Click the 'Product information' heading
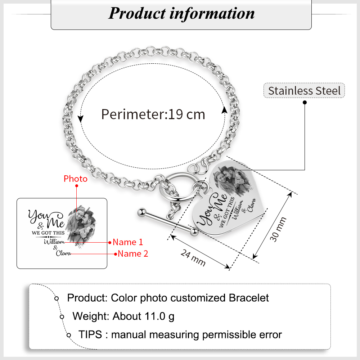point(181,13)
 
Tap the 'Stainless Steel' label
point(304,90)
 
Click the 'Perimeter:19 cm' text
point(153,114)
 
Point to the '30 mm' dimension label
point(279,229)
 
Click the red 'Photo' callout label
point(76,179)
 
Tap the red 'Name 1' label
point(128,242)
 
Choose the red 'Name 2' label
point(133,254)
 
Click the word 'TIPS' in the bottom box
point(90,335)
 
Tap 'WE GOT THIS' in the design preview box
point(48,233)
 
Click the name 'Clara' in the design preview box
point(63,253)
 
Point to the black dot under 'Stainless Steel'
point(305,103)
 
